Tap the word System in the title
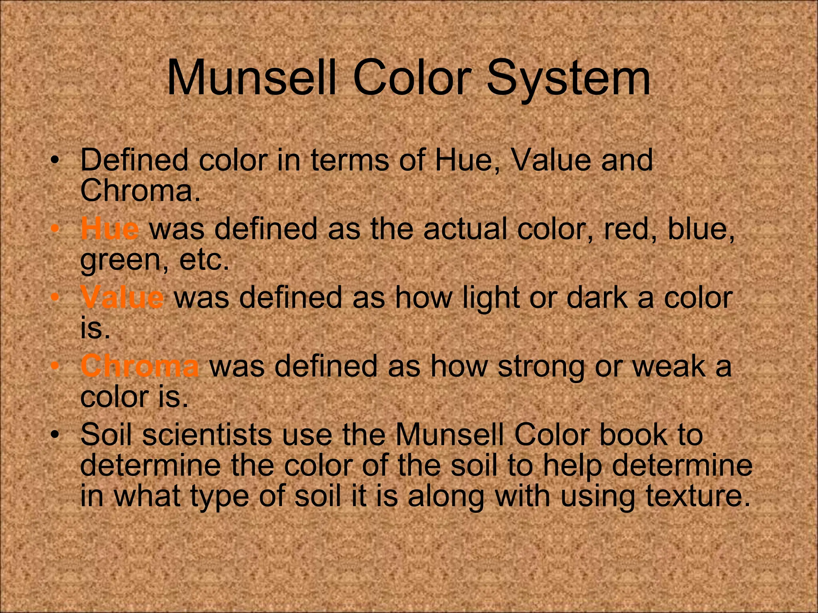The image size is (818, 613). click(568, 78)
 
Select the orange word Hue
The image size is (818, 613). click(110, 229)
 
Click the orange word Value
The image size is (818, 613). click(122, 297)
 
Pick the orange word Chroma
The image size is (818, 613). click(139, 366)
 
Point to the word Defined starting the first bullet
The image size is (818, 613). click(134, 160)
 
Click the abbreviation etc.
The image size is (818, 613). click(204, 260)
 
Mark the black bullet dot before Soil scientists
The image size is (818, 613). click(55, 434)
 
